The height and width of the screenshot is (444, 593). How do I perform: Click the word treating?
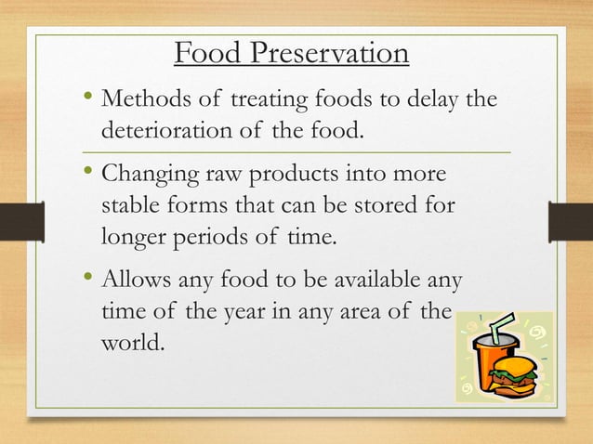pyautogui.click(x=265, y=98)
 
